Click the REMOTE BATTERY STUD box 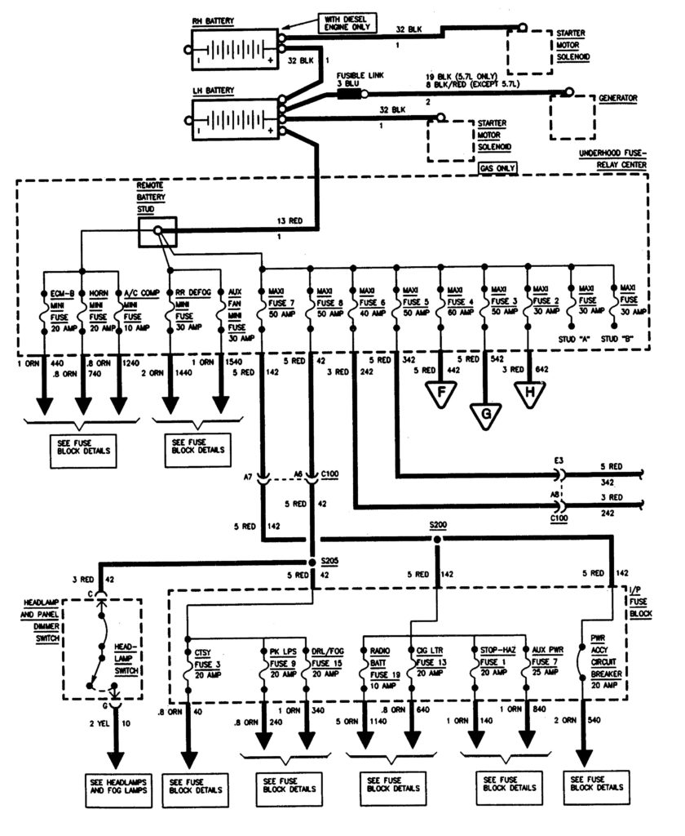(157, 232)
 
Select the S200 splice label (438, 527)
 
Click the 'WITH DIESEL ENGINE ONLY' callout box (347, 25)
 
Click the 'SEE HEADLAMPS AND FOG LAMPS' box (114, 785)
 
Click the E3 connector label (559, 461)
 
